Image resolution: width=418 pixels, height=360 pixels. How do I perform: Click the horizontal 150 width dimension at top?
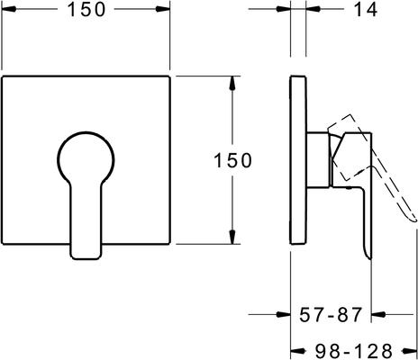[x=86, y=9]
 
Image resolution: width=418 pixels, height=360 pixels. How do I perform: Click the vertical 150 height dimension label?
[x=232, y=160]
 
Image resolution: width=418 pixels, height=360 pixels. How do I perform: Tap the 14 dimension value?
[x=366, y=9]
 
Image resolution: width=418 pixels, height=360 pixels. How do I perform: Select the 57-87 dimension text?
[x=331, y=314]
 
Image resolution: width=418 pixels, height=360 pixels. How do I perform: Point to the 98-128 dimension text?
[x=354, y=350]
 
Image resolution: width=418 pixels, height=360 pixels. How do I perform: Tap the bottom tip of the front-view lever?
[x=86, y=258]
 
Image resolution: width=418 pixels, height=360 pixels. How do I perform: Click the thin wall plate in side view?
[x=298, y=160]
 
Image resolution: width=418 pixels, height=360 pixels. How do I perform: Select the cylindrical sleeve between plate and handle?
[x=318, y=160]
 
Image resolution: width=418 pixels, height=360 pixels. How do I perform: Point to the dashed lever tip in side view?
[x=414, y=220]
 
